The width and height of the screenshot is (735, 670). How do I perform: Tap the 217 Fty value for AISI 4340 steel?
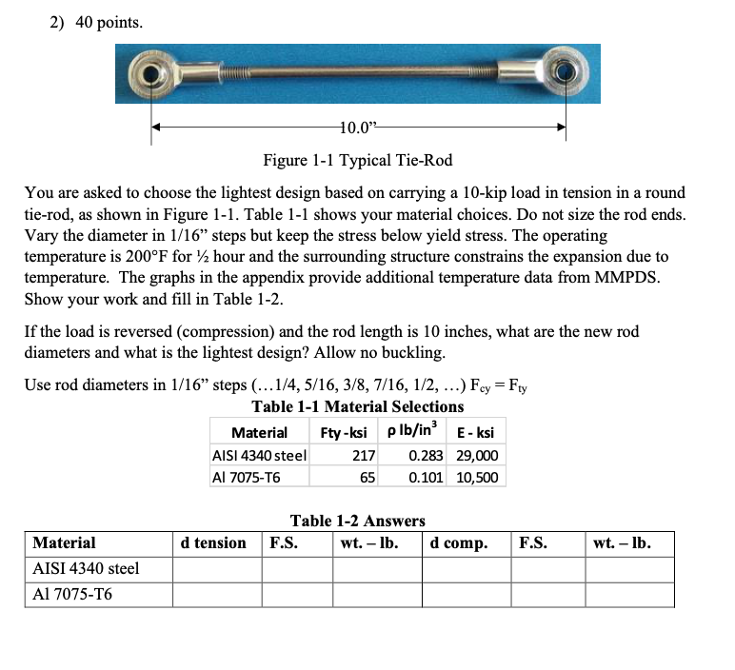[364, 455]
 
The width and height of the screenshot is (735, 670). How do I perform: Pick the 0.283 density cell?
[426, 455]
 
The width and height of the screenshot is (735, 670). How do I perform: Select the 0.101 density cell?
[426, 477]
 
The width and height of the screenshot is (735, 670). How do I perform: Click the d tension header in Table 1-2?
[213, 543]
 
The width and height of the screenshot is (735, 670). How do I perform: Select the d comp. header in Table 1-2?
[459, 543]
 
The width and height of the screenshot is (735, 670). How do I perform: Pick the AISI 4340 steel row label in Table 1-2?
[86, 569]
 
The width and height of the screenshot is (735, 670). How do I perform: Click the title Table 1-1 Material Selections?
[357, 406]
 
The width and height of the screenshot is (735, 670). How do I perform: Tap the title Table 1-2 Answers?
[357, 521]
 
